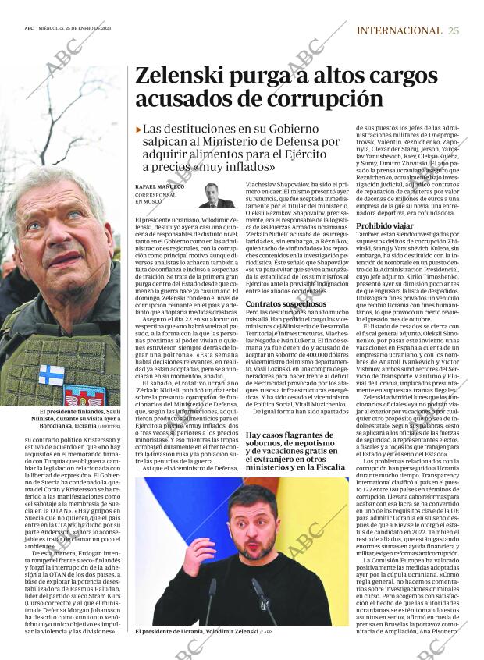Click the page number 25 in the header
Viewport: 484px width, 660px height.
point(454,30)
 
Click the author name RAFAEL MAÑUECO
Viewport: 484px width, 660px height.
point(160,187)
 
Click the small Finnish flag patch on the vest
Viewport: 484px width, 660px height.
point(52,374)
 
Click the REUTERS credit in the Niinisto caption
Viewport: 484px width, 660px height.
point(109,428)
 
